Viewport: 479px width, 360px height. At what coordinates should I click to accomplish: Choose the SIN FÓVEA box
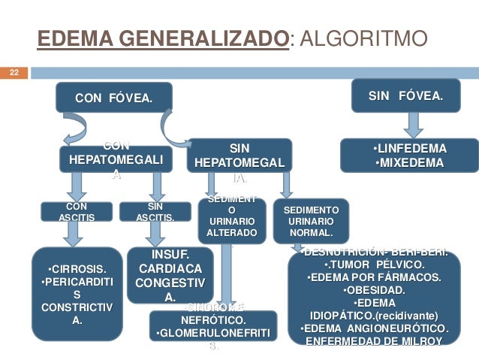coord(405,96)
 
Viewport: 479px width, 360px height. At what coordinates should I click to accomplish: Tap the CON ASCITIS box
coord(77,211)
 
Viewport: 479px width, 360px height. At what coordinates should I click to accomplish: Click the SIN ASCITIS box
coord(155,211)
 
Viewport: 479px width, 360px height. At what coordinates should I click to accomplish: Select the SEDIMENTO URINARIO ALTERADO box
coord(232,218)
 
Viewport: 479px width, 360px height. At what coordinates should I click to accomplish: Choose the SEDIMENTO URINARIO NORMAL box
coord(310,221)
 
